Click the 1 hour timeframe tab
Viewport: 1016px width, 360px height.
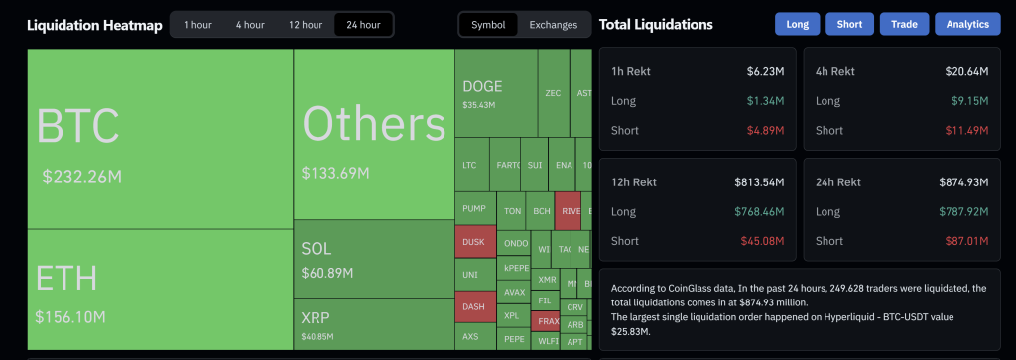[x=197, y=24]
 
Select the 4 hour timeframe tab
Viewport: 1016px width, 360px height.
[x=249, y=24]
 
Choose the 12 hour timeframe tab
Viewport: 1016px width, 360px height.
[x=306, y=24]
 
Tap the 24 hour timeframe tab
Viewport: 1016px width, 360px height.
[x=363, y=24]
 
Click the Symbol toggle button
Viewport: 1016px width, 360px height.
[x=488, y=24]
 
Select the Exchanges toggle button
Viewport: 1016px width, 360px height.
[x=553, y=24]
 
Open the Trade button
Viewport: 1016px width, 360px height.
[x=904, y=24]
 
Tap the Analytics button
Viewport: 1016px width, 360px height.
[x=967, y=24]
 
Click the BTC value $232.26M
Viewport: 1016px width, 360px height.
[x=81, y=177]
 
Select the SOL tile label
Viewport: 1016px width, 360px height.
[x=317, y=249]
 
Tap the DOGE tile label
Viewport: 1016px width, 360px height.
[x=482, y=87]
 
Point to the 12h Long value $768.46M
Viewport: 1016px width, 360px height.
[x=759, y=211]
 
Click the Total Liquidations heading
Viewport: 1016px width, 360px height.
[x=656, y=24]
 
